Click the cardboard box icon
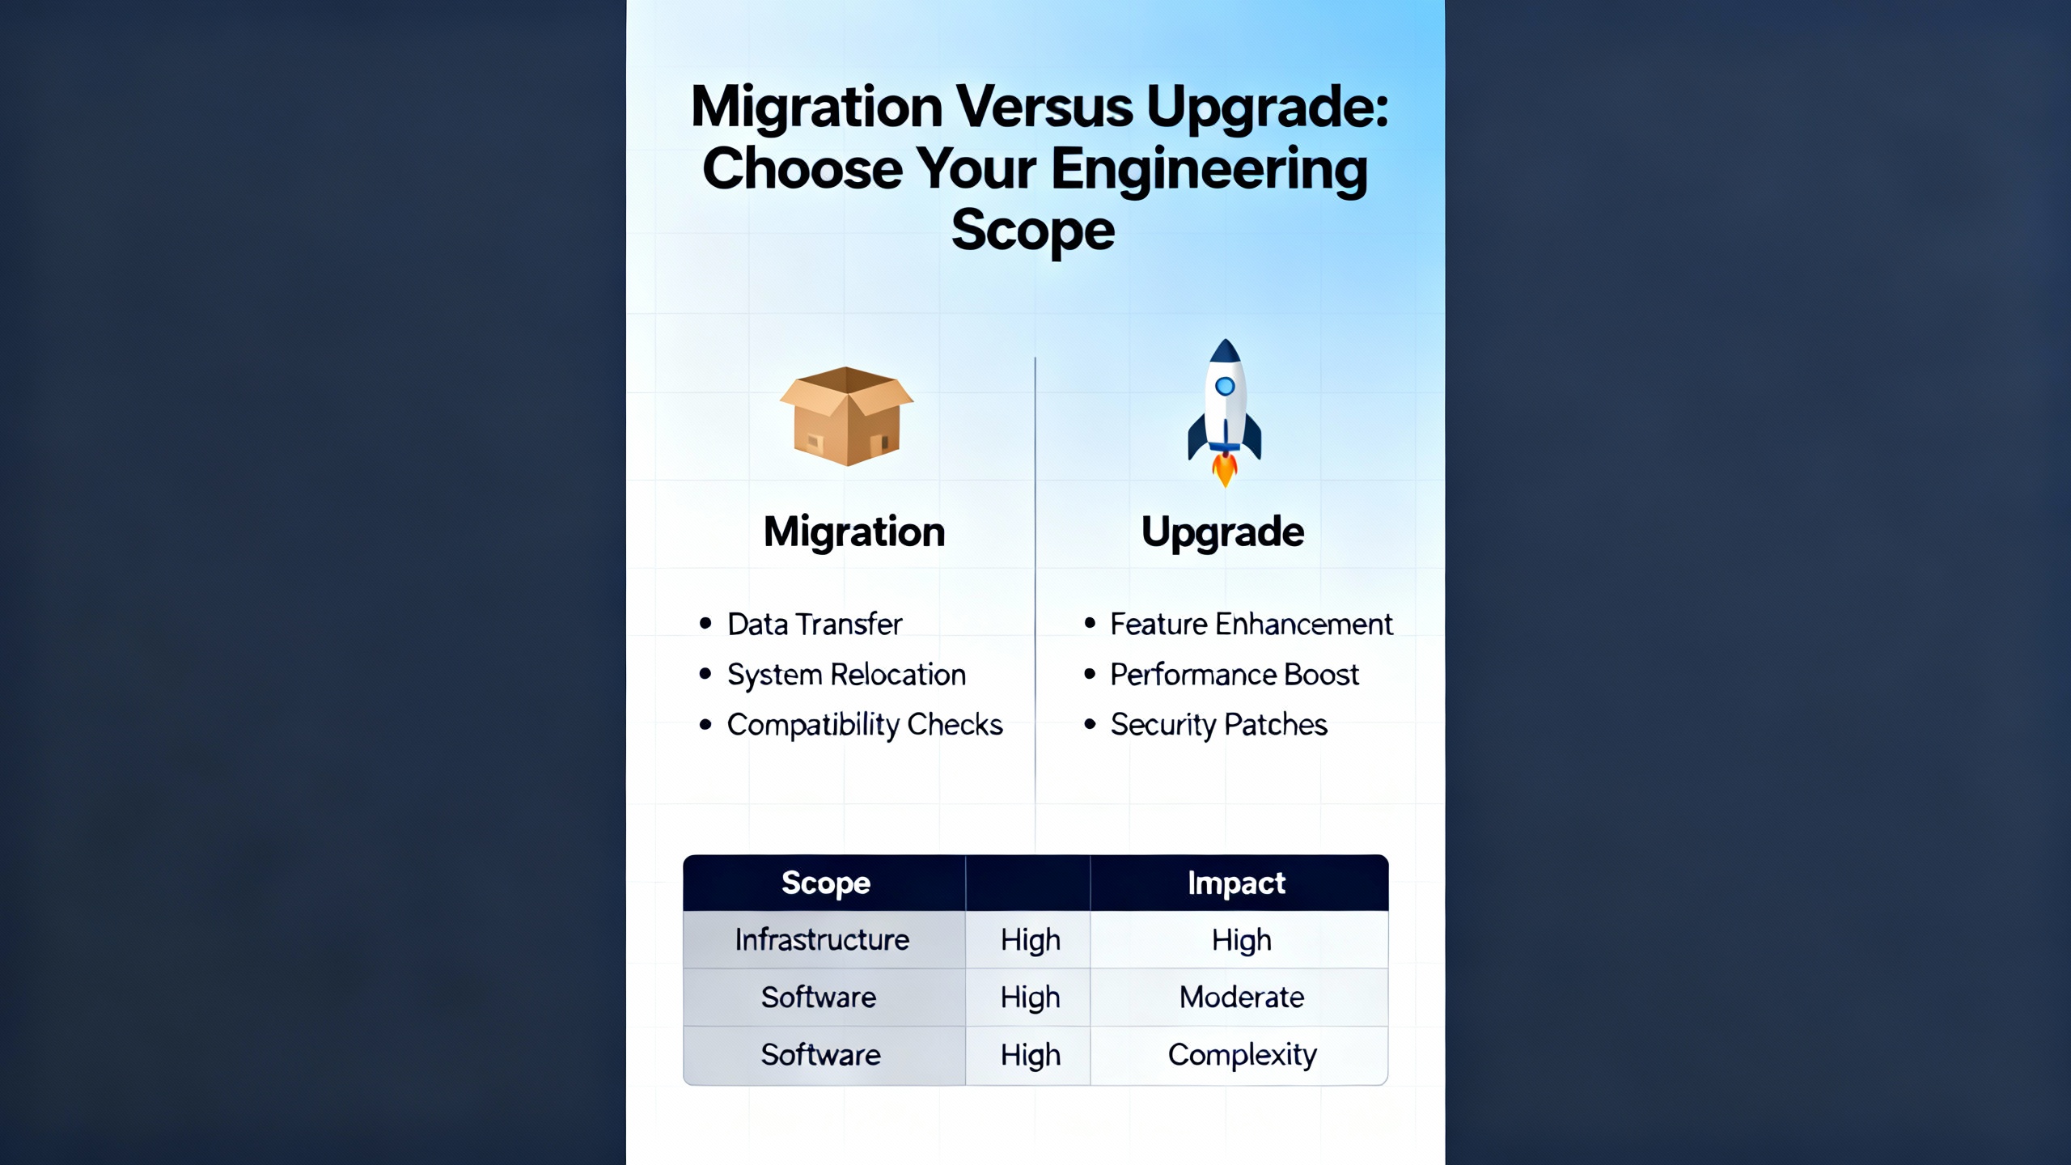click(x=846, y=416)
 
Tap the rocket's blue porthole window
click(x=1225, y=387)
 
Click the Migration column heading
click(x=854, y=532)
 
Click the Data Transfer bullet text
click(x=815, y=624)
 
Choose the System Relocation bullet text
click(x=846, y=675)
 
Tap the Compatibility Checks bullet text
click(x=865, y=726)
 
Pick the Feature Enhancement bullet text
click(x=1251, y=624)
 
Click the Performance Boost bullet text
click(x=1235, y=674)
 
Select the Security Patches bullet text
click(x=1219, y=725)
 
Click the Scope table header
click(x=826, y=883)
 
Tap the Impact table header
click(x=1236, y=883)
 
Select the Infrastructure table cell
click(x=822, y=939)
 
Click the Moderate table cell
click(x=1242, y=997)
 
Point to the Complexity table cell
click(x=1243, y=1055)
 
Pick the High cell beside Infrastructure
click(x=1030, y=941)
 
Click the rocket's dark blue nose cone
click(x=1225, y=351)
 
